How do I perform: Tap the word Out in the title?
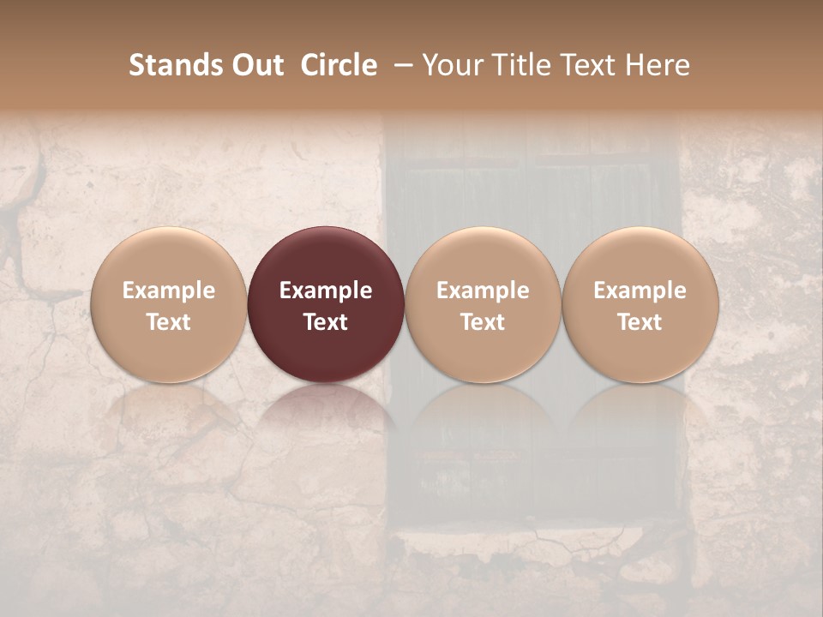[256, 65]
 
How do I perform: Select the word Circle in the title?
[339, 65]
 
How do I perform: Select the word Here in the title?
[658, 65]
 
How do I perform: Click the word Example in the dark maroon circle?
[326, 291]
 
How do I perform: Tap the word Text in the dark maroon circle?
[326, 322]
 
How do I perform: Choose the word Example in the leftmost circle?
[169, 291]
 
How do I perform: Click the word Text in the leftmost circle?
[169, 322]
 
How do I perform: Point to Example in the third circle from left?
[483, 291]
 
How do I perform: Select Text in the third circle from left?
[483, 322]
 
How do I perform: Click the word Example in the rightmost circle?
[640, 291]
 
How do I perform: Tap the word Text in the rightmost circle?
[640, 322]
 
